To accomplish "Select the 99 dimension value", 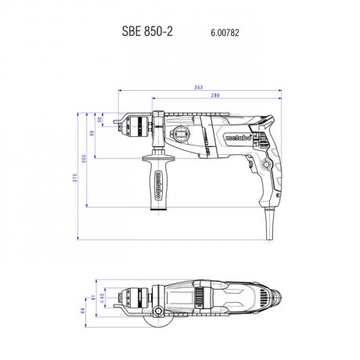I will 92,135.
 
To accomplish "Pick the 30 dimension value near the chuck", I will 99,120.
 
